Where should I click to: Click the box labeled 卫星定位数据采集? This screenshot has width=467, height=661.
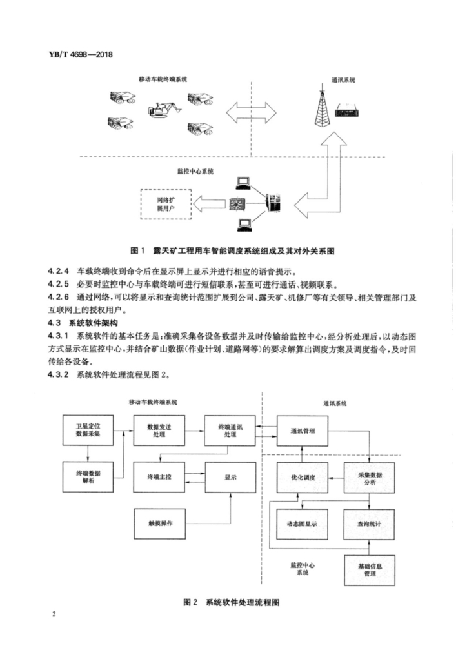coord(88,430)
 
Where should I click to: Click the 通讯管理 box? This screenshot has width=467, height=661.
coord(303,430)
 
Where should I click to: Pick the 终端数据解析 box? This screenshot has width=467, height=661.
coord(88,478)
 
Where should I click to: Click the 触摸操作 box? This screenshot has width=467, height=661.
coord(157,521)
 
